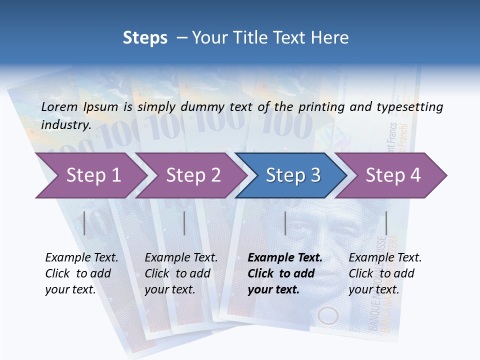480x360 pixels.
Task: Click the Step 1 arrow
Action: tap(90, 175)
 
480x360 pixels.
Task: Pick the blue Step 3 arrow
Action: tap(292, 175)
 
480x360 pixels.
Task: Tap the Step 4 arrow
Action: tap(392, 175)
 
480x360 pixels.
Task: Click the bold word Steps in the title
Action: tap(145, 38)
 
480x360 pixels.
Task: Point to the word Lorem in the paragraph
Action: tap(59, 106)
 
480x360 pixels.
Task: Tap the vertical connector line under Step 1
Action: tap(84, 223)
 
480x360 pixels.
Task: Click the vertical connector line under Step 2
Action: tap(184, 223)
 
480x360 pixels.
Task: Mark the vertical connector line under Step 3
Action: tap(285, 223)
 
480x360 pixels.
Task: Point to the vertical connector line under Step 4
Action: tap(386, 223)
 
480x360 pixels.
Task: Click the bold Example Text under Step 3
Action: tap(285, 258)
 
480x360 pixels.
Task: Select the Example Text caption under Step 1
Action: tap(81, 258)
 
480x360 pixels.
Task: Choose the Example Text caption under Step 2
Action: tap(181, 258)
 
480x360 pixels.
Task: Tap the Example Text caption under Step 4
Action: tap(385, 258)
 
